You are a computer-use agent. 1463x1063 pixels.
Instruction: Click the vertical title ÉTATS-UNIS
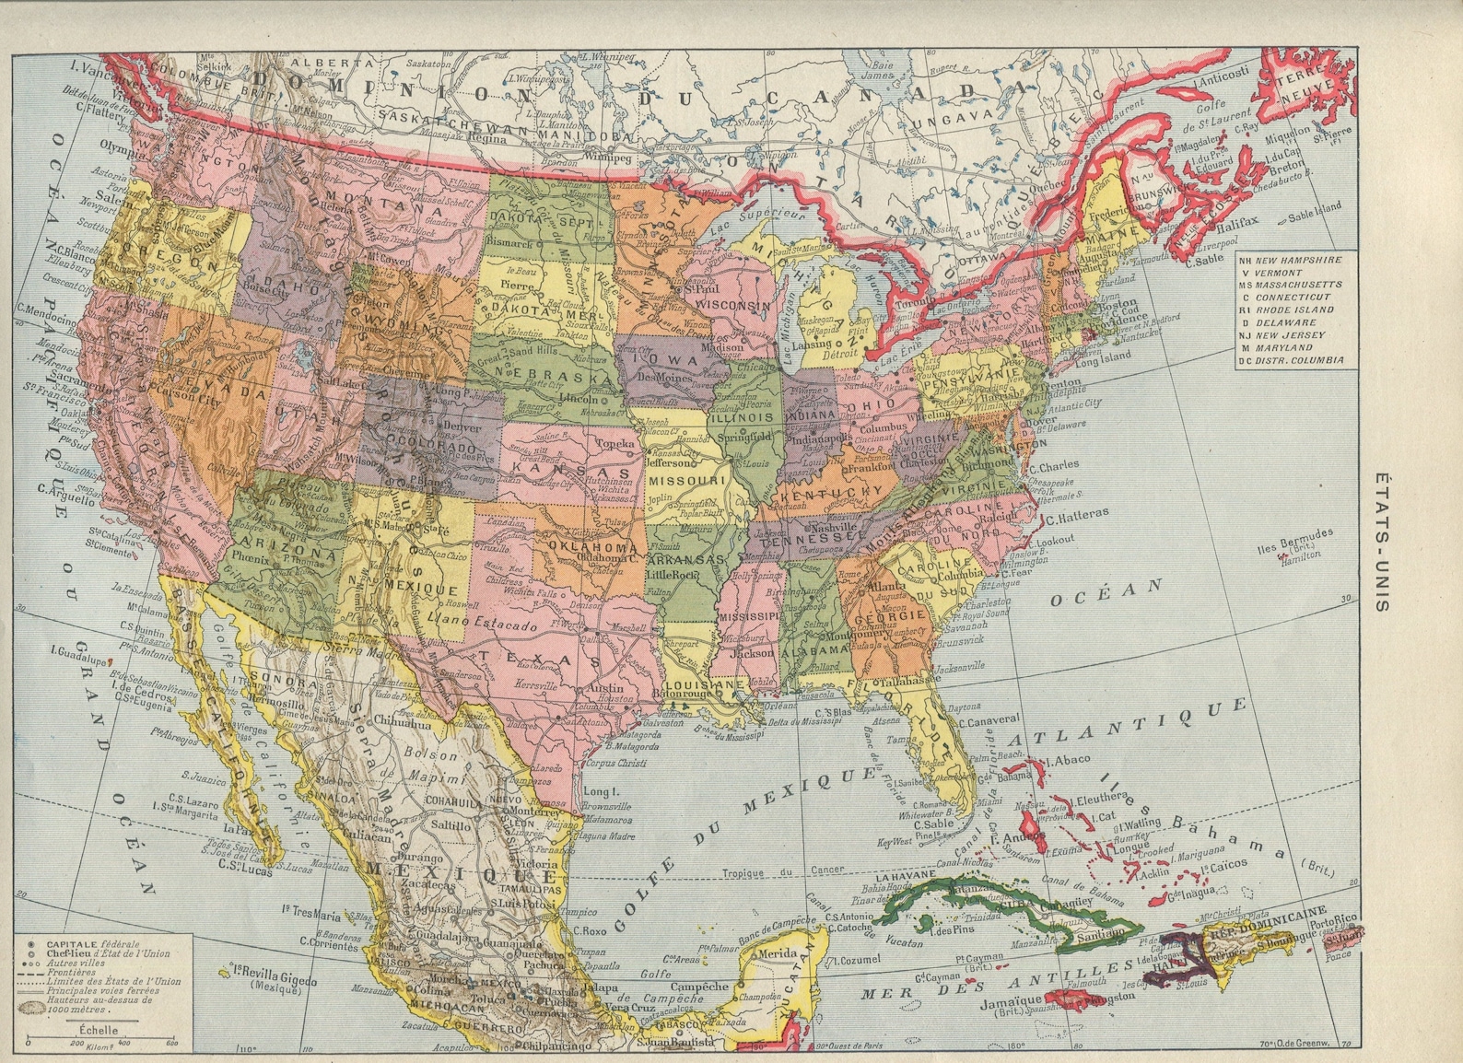[x=1383, y=543]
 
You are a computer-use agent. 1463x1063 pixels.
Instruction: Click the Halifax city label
[x=1235, y=222]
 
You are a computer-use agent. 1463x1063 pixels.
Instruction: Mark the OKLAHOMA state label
[x=592, y=546]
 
